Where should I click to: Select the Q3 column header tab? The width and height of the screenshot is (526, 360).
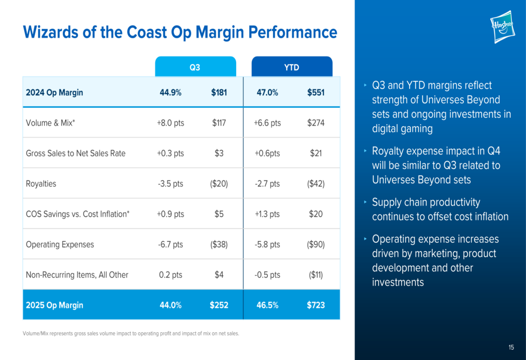click(195, 67)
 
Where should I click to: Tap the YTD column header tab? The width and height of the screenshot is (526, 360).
click(292, 67)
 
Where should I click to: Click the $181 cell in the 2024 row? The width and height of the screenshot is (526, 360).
click(219, 92)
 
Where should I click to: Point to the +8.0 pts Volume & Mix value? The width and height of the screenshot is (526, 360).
click(170, 123)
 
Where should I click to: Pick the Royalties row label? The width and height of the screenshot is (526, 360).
click(41, 184)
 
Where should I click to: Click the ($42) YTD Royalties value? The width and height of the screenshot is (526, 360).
click(316, 184)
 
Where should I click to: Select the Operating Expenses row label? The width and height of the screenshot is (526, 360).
click(60, 244)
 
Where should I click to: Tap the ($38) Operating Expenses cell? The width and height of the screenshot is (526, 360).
click(219, 244)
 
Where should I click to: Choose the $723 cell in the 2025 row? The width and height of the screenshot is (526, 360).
click(316, 305)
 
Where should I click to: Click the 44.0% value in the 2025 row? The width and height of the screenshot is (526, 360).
click(170, 305)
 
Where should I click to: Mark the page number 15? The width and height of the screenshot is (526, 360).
click(511, 347)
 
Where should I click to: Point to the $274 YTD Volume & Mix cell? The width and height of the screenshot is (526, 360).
click(316, 123)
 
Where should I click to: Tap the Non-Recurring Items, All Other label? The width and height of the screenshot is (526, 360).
click(77, 275)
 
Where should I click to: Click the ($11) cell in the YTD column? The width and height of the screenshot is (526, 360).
click(316, 275)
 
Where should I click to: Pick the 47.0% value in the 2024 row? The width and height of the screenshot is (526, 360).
click(267, 92)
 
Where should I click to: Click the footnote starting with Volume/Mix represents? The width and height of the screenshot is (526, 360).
click(131, 333)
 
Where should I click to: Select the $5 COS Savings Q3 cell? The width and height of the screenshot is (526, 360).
click(219, 214)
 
